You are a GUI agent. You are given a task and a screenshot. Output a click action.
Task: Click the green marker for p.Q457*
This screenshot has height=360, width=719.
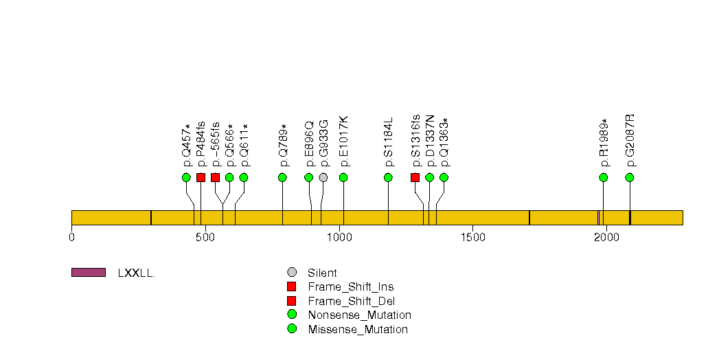point(186,177)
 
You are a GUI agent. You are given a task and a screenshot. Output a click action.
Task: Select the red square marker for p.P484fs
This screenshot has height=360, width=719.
point(201,177)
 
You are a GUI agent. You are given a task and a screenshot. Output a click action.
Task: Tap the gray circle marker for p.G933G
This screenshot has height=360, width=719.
point(323,177)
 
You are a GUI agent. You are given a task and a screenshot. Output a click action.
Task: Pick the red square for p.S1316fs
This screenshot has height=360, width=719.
point(415,177)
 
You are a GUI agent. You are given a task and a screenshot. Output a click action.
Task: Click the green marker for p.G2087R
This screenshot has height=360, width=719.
point(630,177)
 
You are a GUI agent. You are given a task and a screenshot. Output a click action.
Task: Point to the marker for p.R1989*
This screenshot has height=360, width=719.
point(604,177)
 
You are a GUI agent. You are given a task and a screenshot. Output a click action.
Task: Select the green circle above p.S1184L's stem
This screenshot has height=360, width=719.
point(389,177)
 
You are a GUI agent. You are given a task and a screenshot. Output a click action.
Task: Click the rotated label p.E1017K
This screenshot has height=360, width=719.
point(344,142)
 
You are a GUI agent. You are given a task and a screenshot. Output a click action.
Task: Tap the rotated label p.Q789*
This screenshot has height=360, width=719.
point(283,146)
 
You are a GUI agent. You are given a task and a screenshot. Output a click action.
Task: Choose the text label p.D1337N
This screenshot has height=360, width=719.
point(430,141)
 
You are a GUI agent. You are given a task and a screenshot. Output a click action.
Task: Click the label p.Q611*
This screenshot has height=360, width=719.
point(244,146)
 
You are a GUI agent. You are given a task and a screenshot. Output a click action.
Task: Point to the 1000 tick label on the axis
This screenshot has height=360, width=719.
point(340,237)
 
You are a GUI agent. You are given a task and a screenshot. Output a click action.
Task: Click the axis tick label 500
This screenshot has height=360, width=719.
point(205,237)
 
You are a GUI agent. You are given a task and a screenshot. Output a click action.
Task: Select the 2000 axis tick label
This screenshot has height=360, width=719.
point(606,237)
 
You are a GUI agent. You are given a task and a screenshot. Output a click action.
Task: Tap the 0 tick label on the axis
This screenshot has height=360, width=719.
point(71,237)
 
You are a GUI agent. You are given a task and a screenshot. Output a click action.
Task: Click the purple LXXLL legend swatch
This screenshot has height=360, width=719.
point(89,273)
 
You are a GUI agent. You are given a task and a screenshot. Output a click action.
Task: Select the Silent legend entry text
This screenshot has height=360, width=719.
point(322,273)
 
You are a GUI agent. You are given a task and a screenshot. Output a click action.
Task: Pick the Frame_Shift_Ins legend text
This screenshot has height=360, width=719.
point(351,287)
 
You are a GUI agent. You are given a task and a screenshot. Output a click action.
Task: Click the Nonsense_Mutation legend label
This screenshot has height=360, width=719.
point(360,315)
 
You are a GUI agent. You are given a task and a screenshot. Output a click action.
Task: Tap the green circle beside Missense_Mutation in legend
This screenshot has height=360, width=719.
point(292,329)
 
